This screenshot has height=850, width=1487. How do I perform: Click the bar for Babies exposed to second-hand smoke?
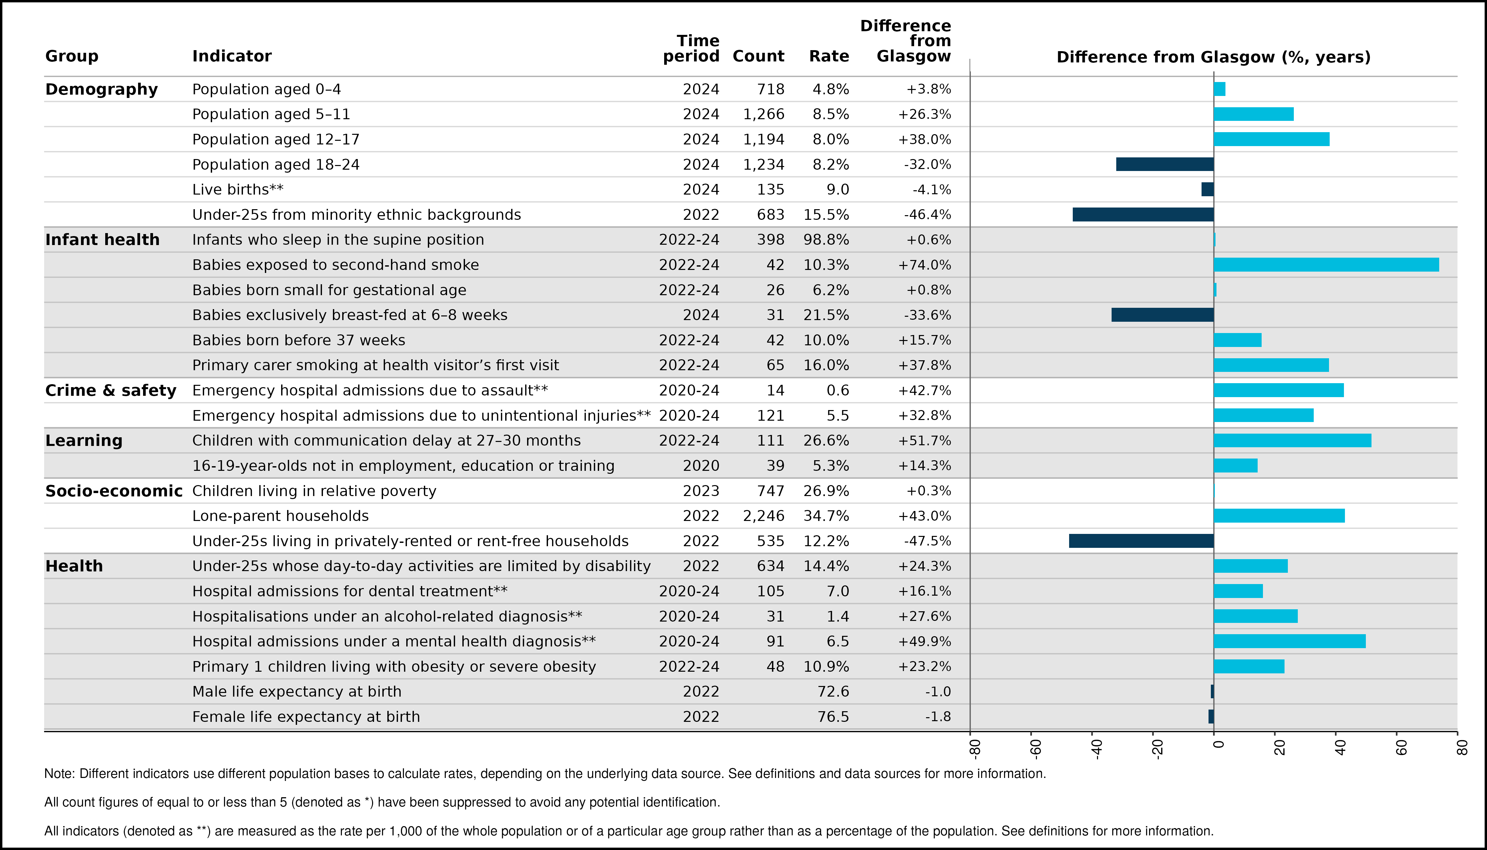(x=1326, y=264)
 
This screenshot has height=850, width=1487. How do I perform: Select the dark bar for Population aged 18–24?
(x=1165, y=164)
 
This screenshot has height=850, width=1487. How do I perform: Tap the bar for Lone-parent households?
(x=1279, y=516)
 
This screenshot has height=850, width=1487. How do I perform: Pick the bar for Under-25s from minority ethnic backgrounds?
(x=1143, y=214)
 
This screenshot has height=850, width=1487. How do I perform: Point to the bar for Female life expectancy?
(x=1211, y=716)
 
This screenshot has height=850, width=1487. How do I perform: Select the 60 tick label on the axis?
(x=1401, y=748)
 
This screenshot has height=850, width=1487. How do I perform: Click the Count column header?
(x=758, y=56)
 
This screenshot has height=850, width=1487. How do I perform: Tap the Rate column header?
(x=829, y=56)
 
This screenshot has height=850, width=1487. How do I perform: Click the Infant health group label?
(x=102, y=239)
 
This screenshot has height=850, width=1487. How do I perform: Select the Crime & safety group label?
(x=111, y=390)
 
